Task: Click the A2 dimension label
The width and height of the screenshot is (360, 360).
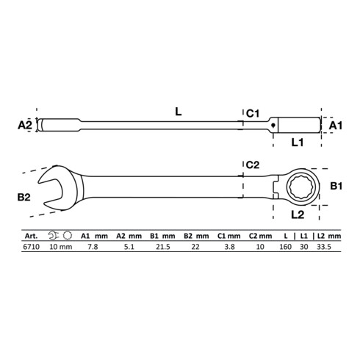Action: pyautogui.click(x=25, y=126)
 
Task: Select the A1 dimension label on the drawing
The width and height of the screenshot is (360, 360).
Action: pyautogui.click(x=335, y=126)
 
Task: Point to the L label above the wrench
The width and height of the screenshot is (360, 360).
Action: pyautogui.click(x=179, y=112)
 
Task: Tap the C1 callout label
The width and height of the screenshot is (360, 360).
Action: pyautogui.click(x=253, y=114)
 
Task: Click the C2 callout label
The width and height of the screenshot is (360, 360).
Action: pyautogui.click(x=253, y=165)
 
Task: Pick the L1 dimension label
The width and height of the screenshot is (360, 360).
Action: pyautogui.click(x=298, y=143)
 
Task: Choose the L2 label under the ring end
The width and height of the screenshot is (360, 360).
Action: pyautogui.click(x=298, y=215)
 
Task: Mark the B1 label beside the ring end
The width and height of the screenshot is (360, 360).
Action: pyautogui.click(x=336, y=186)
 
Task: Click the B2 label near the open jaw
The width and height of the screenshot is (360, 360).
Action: pyautogui.click(x=24, y=197)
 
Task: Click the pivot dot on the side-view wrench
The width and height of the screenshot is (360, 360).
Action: pyautogui.click(x=273, y=125)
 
